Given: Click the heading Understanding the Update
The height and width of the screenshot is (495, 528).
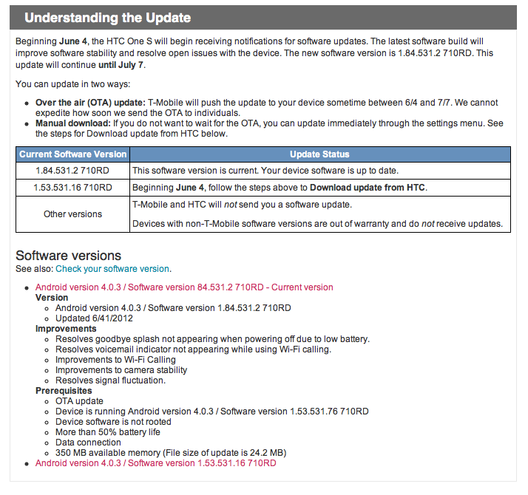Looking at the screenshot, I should click(x=107, y=18).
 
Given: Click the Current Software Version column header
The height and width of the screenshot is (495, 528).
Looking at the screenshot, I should click(x=73, y=154).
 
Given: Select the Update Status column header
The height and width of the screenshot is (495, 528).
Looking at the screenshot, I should click(x=319, y=154).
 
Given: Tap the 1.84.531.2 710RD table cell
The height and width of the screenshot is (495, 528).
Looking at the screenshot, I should click(x=73, y=171).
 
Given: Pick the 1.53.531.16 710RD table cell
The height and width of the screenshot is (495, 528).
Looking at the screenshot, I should click(x=73, y=188).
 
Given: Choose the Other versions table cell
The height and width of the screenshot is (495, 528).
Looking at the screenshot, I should click(x=73, y=214).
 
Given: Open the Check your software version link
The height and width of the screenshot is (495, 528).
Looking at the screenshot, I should click(x=112, y=269).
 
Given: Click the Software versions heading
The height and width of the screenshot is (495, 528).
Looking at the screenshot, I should click(x=69, y=256).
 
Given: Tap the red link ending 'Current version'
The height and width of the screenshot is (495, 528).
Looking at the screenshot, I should click(x=184, y=287).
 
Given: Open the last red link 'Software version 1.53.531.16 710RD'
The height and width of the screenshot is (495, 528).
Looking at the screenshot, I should click(x=155, y=463).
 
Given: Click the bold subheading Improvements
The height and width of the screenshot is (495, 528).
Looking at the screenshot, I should click(x=66, y=329).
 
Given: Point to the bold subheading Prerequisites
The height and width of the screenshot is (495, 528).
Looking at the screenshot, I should click(x=64, y=391).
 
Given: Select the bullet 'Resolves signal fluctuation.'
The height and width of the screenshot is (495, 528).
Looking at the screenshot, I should click(x=110, y=380).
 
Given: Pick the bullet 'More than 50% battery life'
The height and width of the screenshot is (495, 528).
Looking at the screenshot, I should click(x=107, y=432).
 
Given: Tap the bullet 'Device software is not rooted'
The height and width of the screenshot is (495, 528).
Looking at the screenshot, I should click(x=113, y=422).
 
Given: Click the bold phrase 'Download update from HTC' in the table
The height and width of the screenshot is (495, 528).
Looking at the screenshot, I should click(x=368, y=188).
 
